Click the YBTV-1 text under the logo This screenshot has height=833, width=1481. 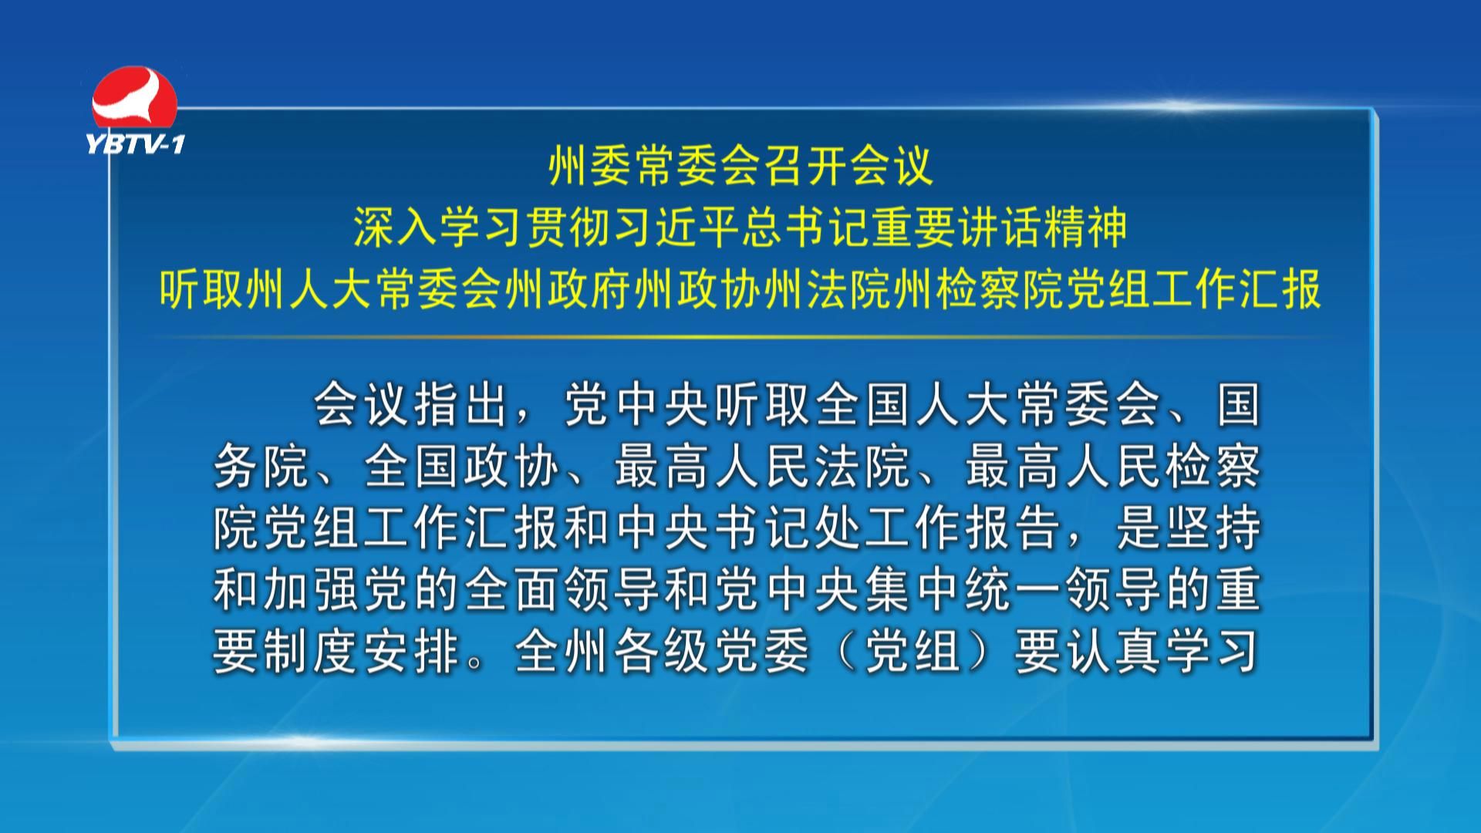[x=136, y=143]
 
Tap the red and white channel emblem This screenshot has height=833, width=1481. [x=135, y=99]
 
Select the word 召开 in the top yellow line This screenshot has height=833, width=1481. [x=784, y=166]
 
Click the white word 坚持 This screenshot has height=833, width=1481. [x=1212, y=528]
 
